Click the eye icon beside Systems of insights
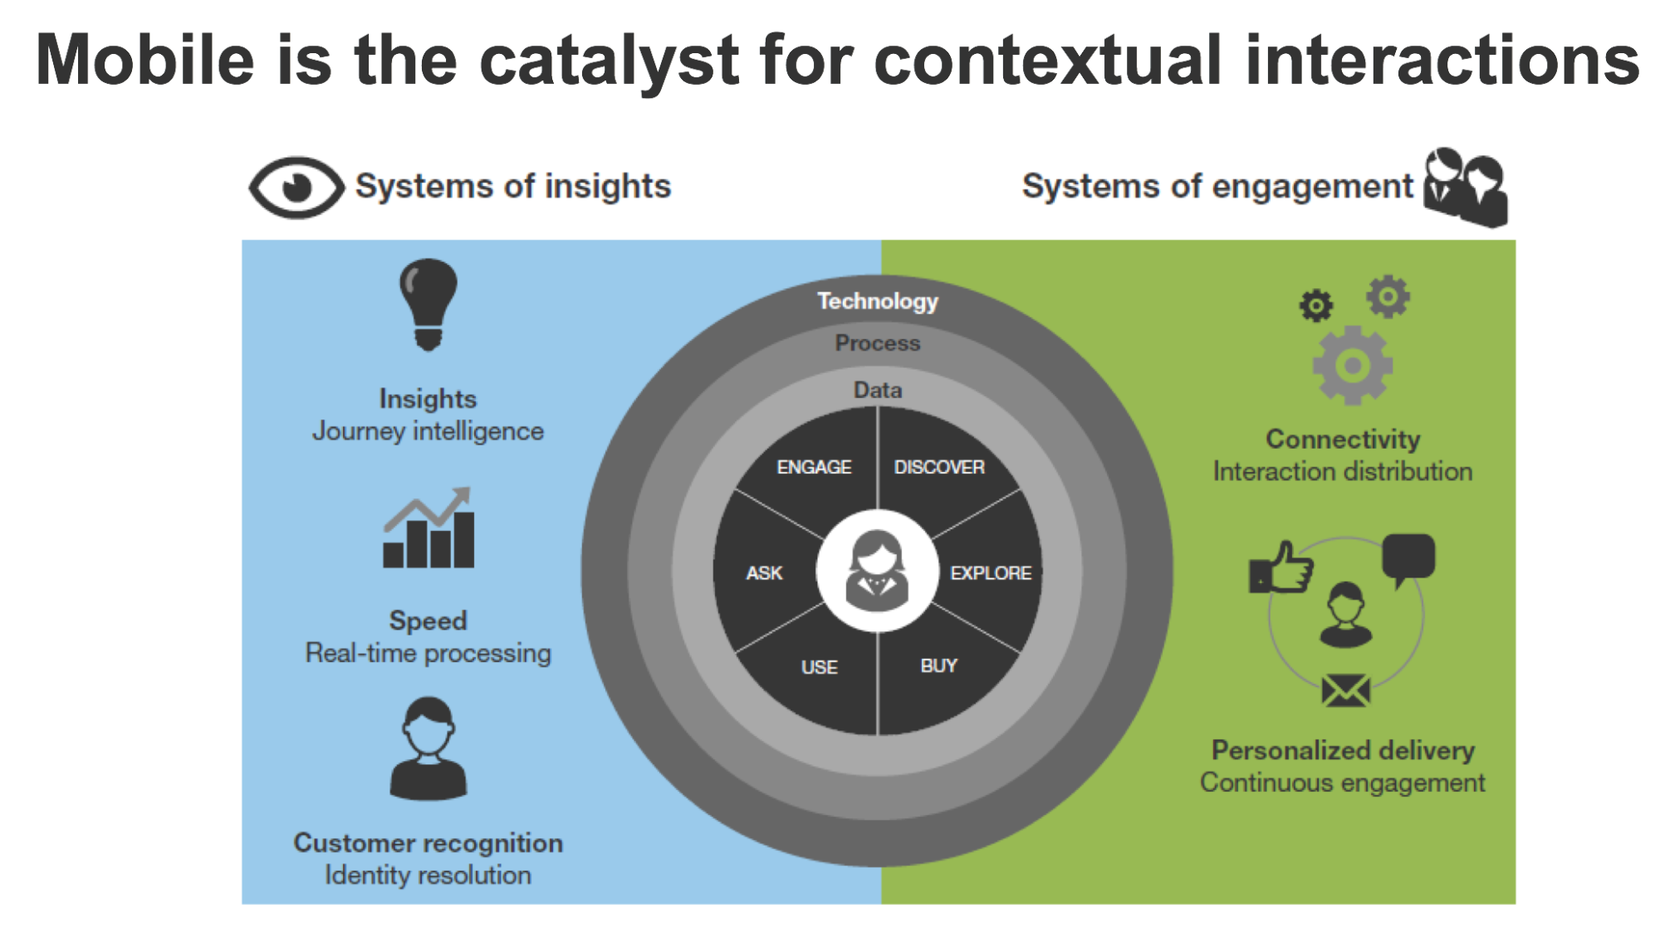296,188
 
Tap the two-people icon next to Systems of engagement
1466,188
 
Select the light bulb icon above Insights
428,304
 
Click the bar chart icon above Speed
428,529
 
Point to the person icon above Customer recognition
428,749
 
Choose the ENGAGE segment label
814,467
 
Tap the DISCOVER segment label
939,467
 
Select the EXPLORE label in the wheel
991,573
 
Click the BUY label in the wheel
938,666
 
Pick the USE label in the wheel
819,667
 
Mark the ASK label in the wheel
764,573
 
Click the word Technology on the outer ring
878,301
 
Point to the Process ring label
878,343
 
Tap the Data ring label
878,390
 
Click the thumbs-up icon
1281,568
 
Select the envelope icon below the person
1345,690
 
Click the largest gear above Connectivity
1353,366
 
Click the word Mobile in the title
144,60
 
